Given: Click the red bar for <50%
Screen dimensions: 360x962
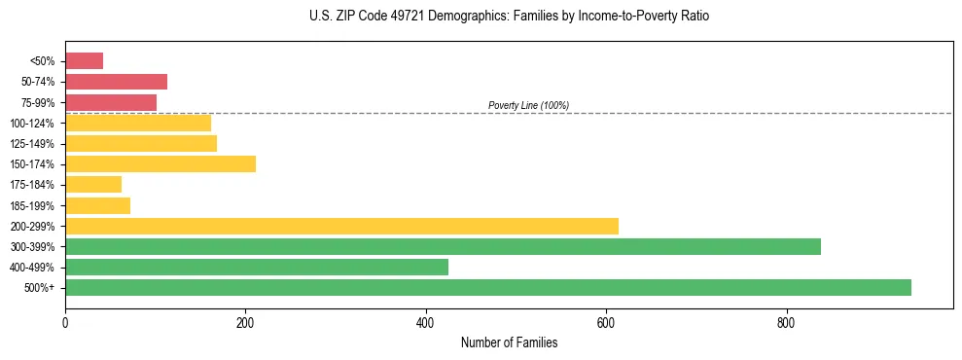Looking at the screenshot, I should click(x=84, y=61).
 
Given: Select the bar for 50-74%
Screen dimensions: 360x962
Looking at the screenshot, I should click(x=116, y=82).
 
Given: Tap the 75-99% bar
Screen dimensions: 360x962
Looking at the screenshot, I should click(x=111, y=102).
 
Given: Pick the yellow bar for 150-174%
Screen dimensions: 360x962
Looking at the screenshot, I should click(x=160, y=163).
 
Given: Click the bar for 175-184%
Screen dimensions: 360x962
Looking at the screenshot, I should click(x=93, y=184).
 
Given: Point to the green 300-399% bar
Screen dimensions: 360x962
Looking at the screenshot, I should click(x=443, y=246).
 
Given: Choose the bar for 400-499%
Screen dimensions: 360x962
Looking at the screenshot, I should click(x=257, y=267).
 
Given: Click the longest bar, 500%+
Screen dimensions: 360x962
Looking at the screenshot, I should click(x=488, y=287).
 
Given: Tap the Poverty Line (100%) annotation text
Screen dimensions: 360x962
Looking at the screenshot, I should click(x=528, y=105).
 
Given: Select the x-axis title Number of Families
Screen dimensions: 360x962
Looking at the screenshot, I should click(x=509, y=342).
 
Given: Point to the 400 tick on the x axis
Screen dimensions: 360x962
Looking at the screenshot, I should click(x=426, y=321).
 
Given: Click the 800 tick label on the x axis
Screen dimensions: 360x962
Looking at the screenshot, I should click(x=787, y=321).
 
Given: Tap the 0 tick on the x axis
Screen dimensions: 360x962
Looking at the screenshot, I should click(x=65, y=321).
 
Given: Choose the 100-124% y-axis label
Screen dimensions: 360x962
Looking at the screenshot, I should click(x=32, y=124).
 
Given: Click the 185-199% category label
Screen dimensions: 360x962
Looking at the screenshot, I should click(x=32, y=205).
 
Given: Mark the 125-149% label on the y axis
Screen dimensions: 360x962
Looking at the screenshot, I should click(x=32, y=144).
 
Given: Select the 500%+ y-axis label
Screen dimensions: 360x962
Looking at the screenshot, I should click(x=40, y=288).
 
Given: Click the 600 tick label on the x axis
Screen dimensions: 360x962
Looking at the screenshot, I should click(x=606, y=321).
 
